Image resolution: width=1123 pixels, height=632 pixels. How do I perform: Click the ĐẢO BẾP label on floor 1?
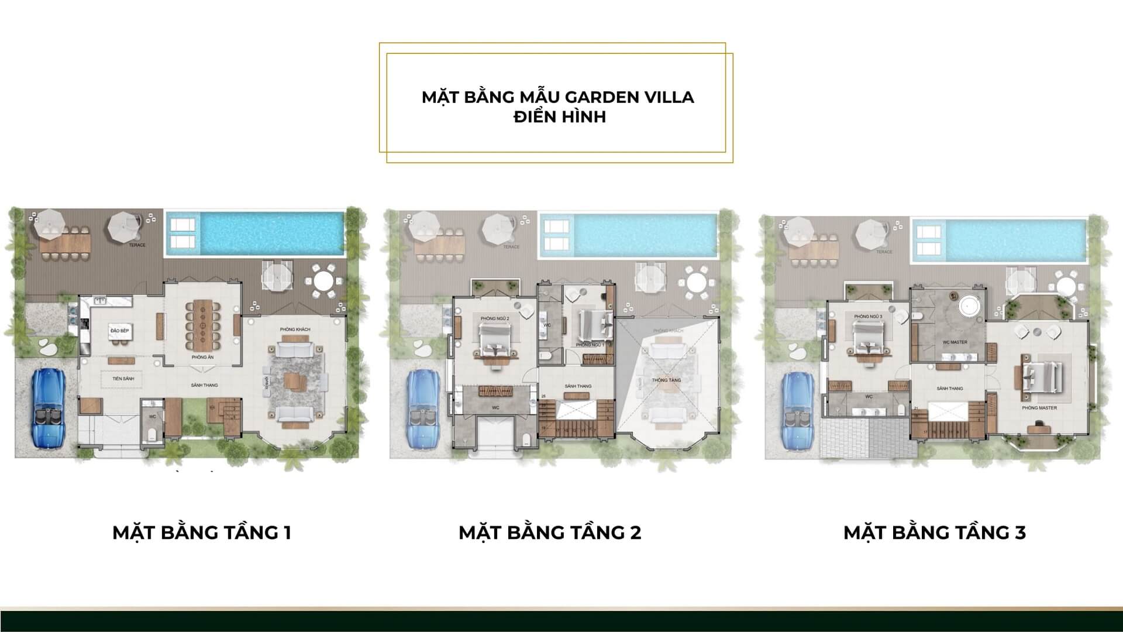click(x=119, y=331)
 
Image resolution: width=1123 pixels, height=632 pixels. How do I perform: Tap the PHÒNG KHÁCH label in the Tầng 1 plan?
click(x=295, y=329)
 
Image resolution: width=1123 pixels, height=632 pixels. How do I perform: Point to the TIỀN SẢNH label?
click(x=123, y=379)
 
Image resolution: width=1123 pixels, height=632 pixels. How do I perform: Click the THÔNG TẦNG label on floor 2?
click(x=666, y=380)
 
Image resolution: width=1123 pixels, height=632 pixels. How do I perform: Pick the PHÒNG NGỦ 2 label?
click(x=495, y=318)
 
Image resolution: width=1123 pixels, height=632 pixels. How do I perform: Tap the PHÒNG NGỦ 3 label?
click(x=867, y=317)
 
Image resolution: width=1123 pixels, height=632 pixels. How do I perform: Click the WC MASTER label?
click(x=955, y=342)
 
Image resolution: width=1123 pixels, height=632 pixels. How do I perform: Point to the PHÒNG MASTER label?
click(x=1039, y=408)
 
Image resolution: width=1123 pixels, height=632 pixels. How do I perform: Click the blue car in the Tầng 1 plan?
click(x=49, y=410)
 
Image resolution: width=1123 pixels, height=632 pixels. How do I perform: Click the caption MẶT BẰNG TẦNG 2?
click(x=550, y=533)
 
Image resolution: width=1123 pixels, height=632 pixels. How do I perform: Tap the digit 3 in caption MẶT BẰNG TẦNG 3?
click(x=1020, y=533)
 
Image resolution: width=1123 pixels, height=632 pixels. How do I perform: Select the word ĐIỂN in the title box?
click(x=536, y=116)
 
